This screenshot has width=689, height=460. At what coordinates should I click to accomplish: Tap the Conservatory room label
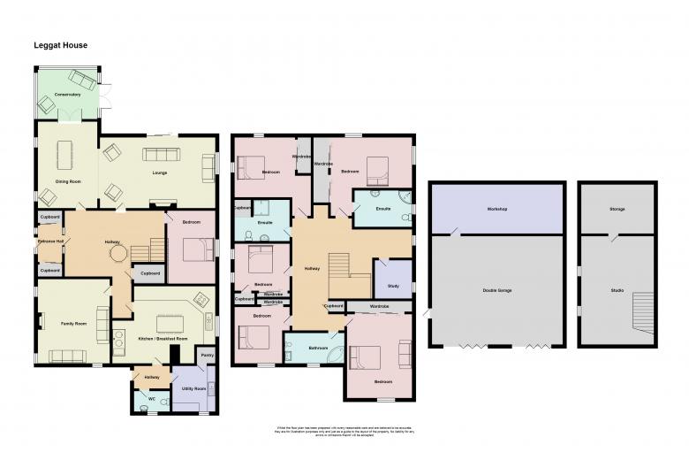[x=67, y=95]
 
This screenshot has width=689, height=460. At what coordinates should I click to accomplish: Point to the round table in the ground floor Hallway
[x=117, y=254]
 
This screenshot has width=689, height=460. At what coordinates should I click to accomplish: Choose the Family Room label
[x=74, y=325]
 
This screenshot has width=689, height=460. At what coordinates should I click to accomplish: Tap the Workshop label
[x=496, y=209]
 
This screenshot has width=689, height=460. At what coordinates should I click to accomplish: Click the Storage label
[x=617, y=209]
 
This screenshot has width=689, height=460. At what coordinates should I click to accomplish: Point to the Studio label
[x=616, y=290]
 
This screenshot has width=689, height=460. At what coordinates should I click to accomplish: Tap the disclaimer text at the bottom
[x=345, y=431]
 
